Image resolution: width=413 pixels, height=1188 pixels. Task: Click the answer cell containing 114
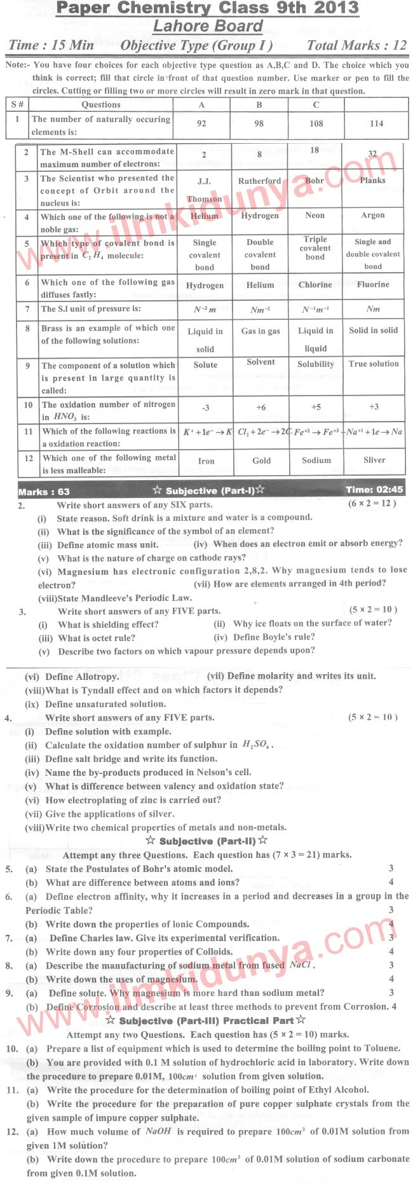(376, 123)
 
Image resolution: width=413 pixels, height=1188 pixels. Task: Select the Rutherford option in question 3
(259, 181)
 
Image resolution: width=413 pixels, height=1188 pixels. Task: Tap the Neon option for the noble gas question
(315, 216)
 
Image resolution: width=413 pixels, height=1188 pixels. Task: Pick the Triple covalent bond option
(315, 248)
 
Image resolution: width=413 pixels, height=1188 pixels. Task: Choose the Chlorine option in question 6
(315, 284)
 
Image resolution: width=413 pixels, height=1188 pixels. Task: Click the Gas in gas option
(261, 331)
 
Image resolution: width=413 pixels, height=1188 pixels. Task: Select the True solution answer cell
(374, 364)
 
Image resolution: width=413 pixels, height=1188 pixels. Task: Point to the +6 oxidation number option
(261, 407)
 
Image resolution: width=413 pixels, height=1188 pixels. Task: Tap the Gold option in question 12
(261, 460)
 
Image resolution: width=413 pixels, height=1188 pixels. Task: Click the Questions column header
(101, 104)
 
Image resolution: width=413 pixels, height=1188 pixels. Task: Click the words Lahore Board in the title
(208, 26)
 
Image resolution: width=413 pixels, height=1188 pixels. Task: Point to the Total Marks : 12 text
(356, 45)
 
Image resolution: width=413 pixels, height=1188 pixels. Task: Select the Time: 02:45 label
(374, 490)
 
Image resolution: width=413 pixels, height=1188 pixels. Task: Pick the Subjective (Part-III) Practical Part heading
(206, 1021)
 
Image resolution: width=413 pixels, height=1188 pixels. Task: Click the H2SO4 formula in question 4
(257, 745)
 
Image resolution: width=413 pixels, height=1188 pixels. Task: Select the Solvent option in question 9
(261, 362)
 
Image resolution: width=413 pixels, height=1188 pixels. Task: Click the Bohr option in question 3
(315, 181)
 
